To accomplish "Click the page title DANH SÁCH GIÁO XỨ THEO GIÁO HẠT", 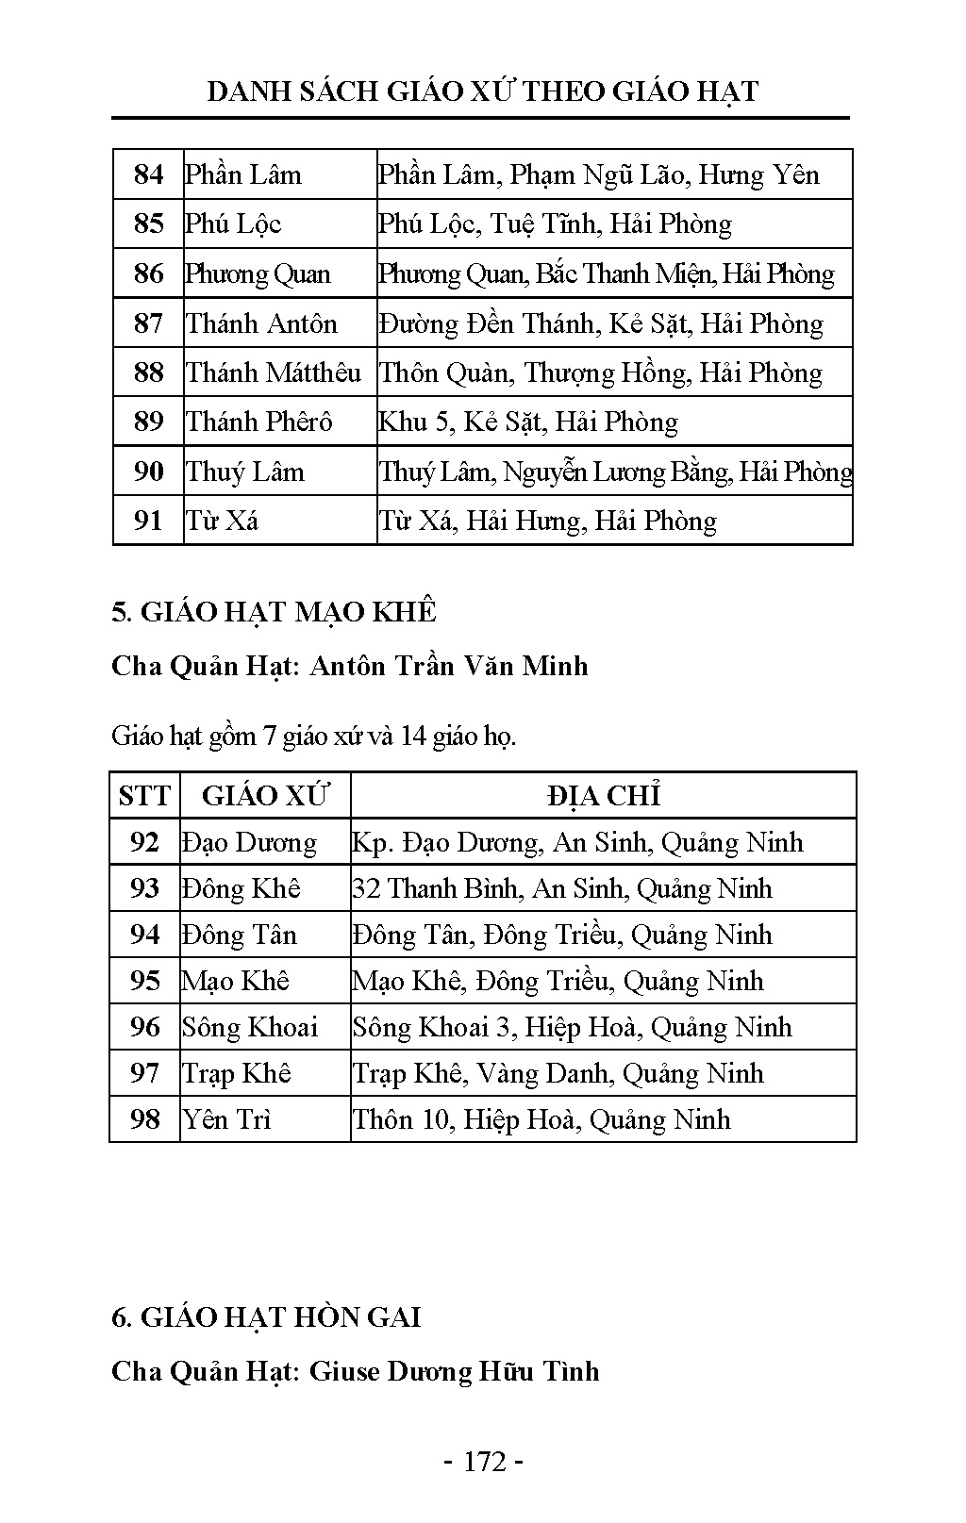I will click(482, 91).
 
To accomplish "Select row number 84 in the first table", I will click(148, 174).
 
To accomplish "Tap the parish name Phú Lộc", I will click(233, 224).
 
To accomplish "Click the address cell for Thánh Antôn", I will click(601, 323).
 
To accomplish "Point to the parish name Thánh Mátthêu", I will click(274, 372).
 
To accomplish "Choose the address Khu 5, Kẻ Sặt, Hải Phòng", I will click(528, 422).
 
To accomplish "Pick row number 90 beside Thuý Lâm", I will click(148, 472).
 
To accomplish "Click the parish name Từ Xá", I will click(222, 521).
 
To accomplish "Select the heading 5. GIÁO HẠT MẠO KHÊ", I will click(274, 612).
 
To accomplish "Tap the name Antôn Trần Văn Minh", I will click(449, 666).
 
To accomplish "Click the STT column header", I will click(144, 796).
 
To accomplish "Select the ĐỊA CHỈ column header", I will click(603, 796).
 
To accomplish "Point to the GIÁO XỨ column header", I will click(265, 796).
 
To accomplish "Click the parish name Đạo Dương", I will click(249, 842).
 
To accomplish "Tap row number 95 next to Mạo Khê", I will click(144, 981).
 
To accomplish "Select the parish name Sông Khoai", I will click(250, 1027).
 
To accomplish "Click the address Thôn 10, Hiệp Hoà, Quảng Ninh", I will click(541, 1119).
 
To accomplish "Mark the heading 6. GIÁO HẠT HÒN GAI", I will click(266, 1316).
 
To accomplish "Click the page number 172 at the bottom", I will click(484, 1462).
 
